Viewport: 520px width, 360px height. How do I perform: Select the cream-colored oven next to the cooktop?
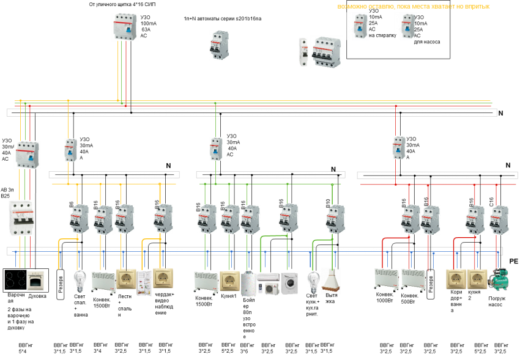pyautogui.click(x=37, y=281)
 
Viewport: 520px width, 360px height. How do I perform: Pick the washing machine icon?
pyautogui.click(x=289, y=284)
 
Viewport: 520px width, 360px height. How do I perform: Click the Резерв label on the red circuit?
pyautogui.click(x=431, y=284)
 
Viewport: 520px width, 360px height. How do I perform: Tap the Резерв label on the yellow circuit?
pyautogui.click(x=61, y=284)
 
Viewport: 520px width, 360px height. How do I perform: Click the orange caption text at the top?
pyautogui.click(x=414, y=7)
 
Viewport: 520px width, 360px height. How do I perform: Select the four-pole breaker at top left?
pyautogui.click(x=125, y=28)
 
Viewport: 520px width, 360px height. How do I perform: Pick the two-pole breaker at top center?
pyautogui.click(x=219, y=45)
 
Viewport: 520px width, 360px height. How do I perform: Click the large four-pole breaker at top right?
pyautogui.click(x=326, y=52)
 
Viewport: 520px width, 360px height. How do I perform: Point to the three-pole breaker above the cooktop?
pyautogui.click(x=21, y=218)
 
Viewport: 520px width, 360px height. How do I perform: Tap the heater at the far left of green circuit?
pyautogui.click(x=206, y=283)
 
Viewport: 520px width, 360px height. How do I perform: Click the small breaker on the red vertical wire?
pyautogui.click(x=399, y=147)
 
